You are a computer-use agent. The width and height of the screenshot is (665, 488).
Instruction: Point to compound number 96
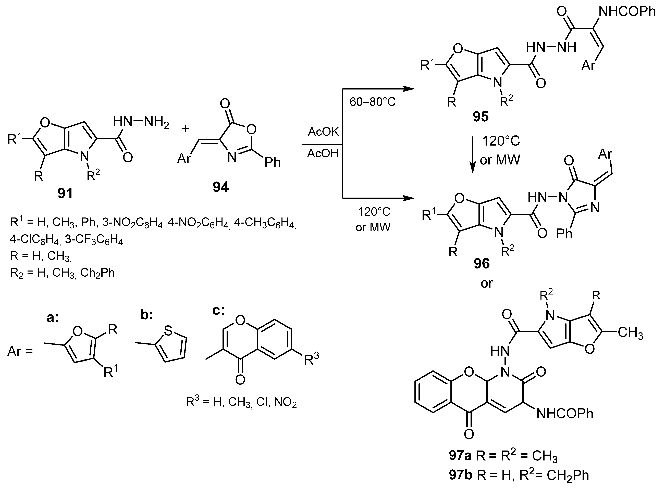pyautogui.click(x=482, y=263)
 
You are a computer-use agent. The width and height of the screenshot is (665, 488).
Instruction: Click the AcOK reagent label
pyautogui.click(x=323, y=132)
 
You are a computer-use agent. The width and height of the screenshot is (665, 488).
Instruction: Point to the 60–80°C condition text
pyautogui.click(x=372, y=102)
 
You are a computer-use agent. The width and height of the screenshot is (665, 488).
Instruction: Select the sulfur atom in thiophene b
pyautogui.click(x=168, y=331)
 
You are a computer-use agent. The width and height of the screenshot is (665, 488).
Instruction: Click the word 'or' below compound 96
pyautogui.click(x=487, y=283)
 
